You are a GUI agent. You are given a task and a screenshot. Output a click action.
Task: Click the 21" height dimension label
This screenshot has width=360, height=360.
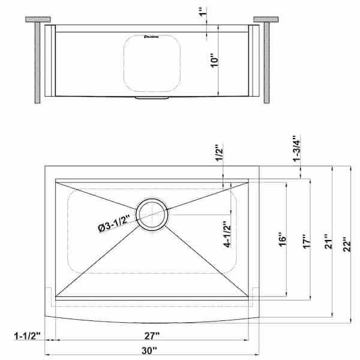pyautogui.click(x=325, y=242)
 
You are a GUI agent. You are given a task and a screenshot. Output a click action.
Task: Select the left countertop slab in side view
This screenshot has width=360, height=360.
pyautogui.click(x=38, y=20)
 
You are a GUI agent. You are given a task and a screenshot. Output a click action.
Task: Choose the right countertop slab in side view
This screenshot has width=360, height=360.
pyautogui.click(x=265, y=20)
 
